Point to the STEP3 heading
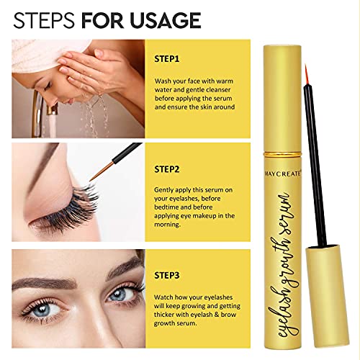click(167, 275)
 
